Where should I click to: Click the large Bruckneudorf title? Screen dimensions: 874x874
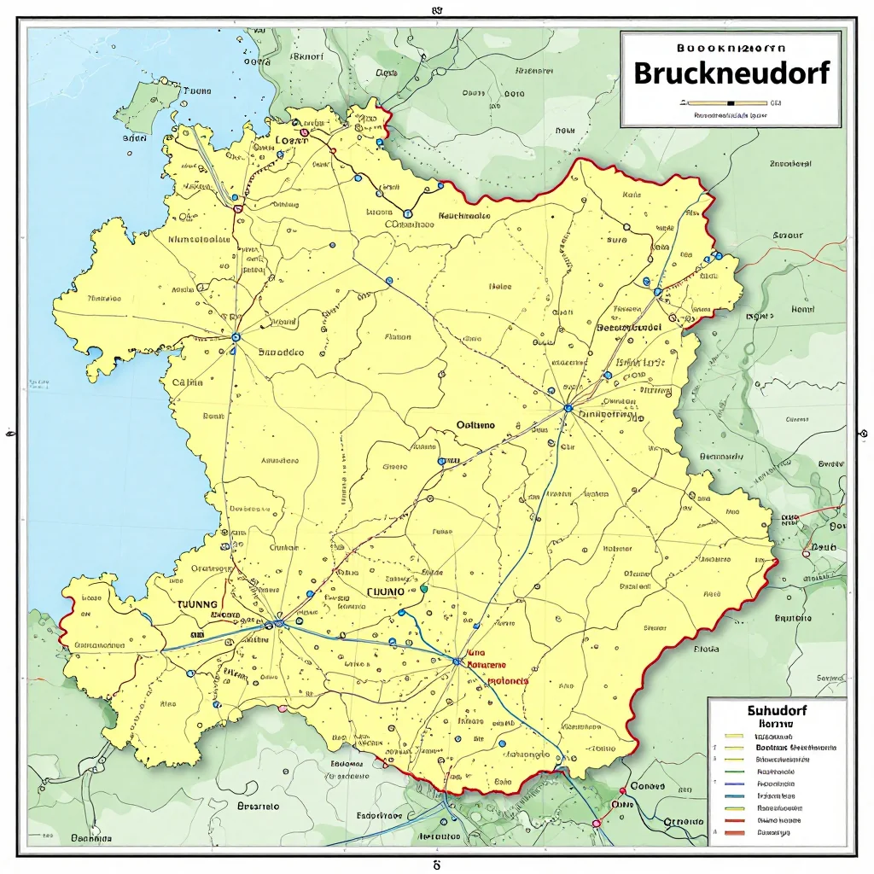pos(731,73)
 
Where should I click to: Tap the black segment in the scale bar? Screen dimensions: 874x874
pos(730,102)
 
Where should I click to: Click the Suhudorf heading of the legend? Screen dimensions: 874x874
pos(777,709)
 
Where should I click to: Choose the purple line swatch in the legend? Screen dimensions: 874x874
pos(733,783)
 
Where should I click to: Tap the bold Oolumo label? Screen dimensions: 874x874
pos(475,424)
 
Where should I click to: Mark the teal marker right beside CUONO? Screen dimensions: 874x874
pos(423,588)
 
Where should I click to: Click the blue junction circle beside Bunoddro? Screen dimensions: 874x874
pos(236,337)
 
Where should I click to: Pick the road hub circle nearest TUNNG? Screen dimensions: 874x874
pos(279,623)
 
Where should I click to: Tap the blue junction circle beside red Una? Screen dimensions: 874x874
pos(457,661)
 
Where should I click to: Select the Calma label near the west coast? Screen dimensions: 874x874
pos(188,383)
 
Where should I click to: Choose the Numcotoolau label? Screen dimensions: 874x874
pos(200,240)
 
